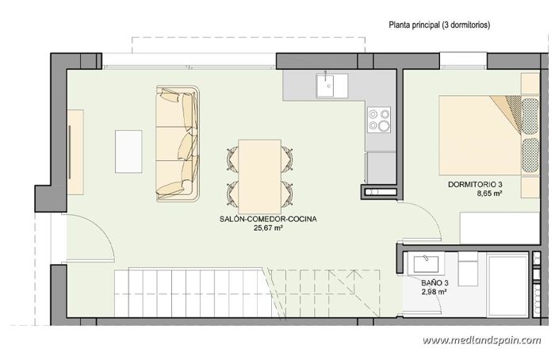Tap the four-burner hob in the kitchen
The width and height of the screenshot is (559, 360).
click(378, 119)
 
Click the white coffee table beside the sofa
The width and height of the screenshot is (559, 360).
click(129, 150)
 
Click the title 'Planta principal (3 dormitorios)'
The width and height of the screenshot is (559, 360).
click(439, 25)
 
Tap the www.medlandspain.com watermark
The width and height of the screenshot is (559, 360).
click(481, 341)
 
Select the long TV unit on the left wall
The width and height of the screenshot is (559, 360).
click(75, 151)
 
